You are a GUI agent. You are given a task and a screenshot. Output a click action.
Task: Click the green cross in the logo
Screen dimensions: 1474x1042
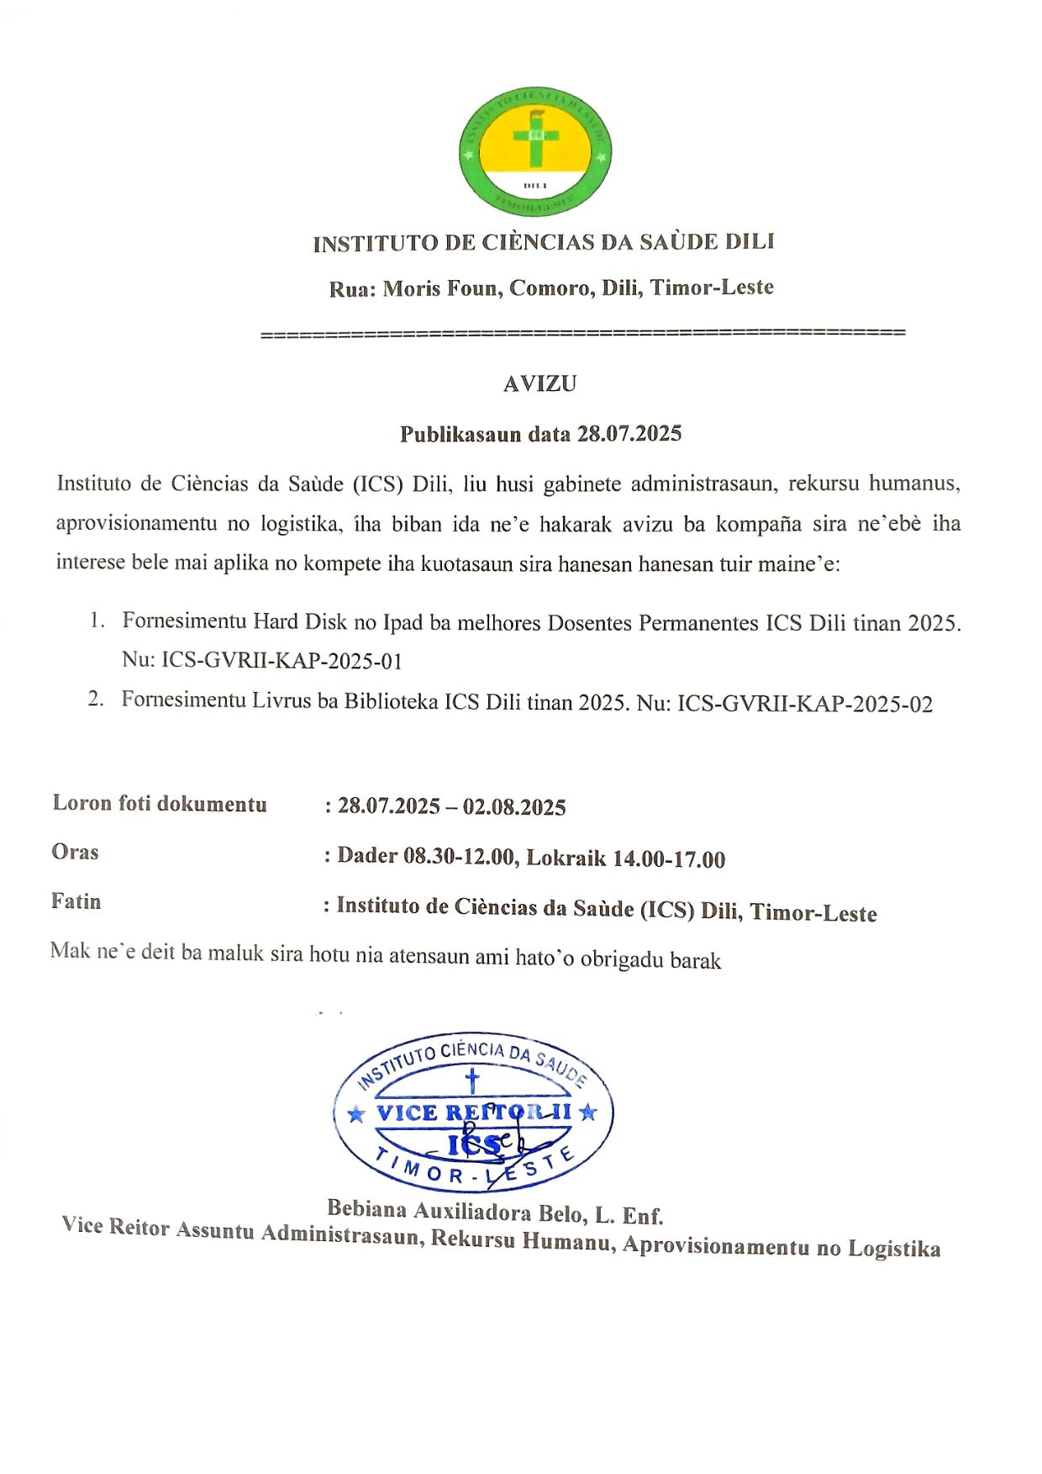tap(536, 137)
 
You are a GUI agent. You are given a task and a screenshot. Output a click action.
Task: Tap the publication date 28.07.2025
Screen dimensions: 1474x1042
tap(629, 434)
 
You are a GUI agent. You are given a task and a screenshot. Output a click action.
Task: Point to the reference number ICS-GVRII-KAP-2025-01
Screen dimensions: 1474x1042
tap(282, 661)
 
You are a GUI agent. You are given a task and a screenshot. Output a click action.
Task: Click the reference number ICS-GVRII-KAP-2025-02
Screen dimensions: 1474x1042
tap(805, 704)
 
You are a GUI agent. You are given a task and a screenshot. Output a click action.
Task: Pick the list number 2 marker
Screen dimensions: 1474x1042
tap(96, 699)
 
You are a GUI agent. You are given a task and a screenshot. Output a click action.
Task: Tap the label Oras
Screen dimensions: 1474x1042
tap(75, 852)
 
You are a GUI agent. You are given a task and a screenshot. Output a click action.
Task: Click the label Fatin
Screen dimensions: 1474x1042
tap(76, 901)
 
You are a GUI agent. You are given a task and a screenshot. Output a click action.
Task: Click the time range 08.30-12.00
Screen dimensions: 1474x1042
tap(459, 857)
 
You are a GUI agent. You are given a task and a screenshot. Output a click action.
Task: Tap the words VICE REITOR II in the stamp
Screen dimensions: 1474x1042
tap(474, 1112)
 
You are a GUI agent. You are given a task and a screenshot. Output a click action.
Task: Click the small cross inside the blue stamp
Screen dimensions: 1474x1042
tap(472, 1080)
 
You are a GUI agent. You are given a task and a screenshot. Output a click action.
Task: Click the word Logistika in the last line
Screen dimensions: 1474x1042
tap(894, 1249)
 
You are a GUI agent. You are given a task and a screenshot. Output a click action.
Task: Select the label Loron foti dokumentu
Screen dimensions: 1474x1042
tap(160, 804)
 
